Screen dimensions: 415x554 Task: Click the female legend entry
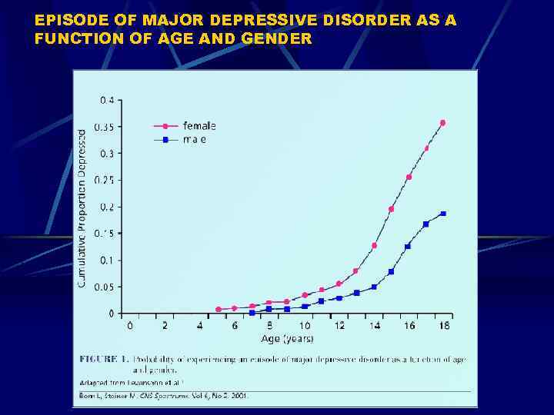click(199, 125)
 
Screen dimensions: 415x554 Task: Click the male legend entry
click(194, 139)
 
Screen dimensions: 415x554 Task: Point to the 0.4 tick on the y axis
click(107, 100)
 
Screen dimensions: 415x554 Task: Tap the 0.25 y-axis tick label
click(105, 180)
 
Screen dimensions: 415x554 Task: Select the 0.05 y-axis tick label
click(105, 287)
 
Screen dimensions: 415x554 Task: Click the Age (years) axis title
click(287, 338)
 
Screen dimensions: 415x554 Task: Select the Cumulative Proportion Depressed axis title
click(82, 208)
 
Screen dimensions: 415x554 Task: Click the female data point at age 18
click(442, 122)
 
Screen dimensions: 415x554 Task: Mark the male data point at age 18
click(443, 213)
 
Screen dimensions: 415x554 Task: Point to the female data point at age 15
click(391, 209)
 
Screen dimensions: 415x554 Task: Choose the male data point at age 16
click(408, 246)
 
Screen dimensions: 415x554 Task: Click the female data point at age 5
click(219, 309)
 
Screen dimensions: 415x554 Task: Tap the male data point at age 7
click(252, 313)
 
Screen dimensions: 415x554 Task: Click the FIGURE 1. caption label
click(103, 358)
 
